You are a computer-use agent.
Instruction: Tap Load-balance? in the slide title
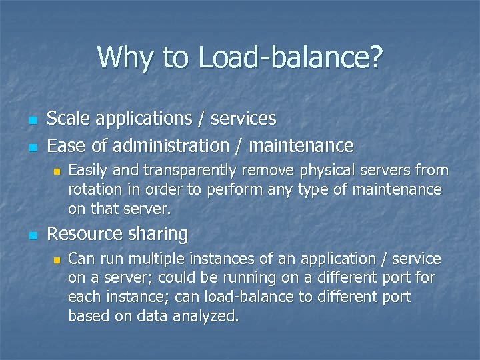pos(291,57)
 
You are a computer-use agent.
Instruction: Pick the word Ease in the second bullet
pos(65,145)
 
